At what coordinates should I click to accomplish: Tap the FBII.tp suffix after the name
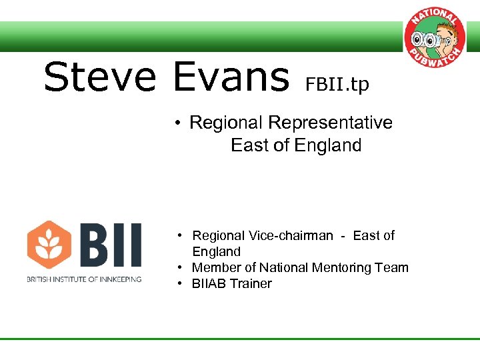(337, 85)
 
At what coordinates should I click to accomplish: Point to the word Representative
(330, 123)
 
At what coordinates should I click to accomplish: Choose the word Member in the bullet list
(215, 267)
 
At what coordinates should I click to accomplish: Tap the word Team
(393, 267)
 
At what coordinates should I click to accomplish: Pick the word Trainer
(252, 283)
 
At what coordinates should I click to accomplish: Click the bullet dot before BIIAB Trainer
(181, 284)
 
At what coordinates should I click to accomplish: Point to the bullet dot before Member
(181, 268)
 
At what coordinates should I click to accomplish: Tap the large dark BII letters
(110, 245)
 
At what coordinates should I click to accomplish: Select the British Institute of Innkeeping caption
(84, 279)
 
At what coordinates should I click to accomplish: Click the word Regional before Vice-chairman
(218, 235)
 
